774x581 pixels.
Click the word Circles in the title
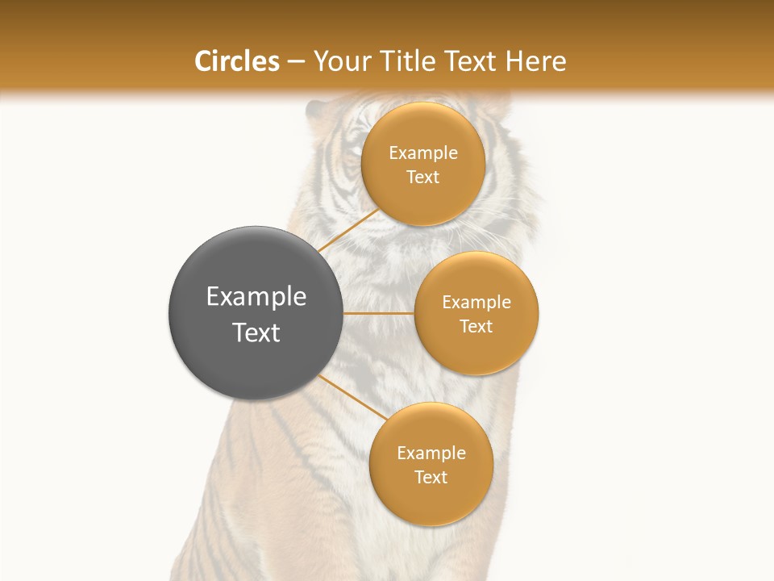coord(237,61)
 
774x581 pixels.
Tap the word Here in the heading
coord(535,61)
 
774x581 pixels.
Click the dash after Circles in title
coord(296,62)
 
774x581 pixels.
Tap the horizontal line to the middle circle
coord(379,313)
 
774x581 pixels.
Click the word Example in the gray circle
coord(256,297)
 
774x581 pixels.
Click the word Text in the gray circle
coord(256,332)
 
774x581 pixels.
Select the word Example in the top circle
coord(423,153)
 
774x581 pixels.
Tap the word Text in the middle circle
coord(476,326)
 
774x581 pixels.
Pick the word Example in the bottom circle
coord(431,453)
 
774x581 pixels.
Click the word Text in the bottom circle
coord(431,477)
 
